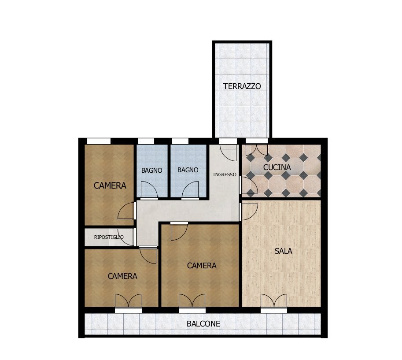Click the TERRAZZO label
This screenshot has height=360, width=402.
[x=242, y=86]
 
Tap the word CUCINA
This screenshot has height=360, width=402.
[x=277, y=167]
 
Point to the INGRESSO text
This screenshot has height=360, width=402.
[x=225, y=174]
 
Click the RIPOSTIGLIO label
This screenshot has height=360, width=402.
[x=109, y=237]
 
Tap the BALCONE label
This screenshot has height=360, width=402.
[x=203, y=324]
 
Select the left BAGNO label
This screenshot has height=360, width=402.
[x=151, y=170]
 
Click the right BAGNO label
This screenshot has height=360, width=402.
[x=188, y=170]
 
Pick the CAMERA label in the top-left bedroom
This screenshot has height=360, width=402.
[x=110, y=186]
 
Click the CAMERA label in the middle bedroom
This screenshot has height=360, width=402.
[x=202, y=266]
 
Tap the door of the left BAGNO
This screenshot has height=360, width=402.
[x=149, y=190]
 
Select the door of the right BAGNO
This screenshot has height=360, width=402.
[x=190, y=190]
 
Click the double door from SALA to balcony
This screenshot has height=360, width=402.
[x=273, y=301]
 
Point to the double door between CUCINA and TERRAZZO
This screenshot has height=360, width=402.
[x=257, y=148]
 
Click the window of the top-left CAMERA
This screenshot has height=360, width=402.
[x=99, y=141]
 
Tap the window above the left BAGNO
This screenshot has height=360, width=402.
[x=146, y=141]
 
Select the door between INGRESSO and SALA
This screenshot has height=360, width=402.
[x=248, y=211]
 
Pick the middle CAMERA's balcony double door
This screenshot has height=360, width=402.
[x=192, y=301]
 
